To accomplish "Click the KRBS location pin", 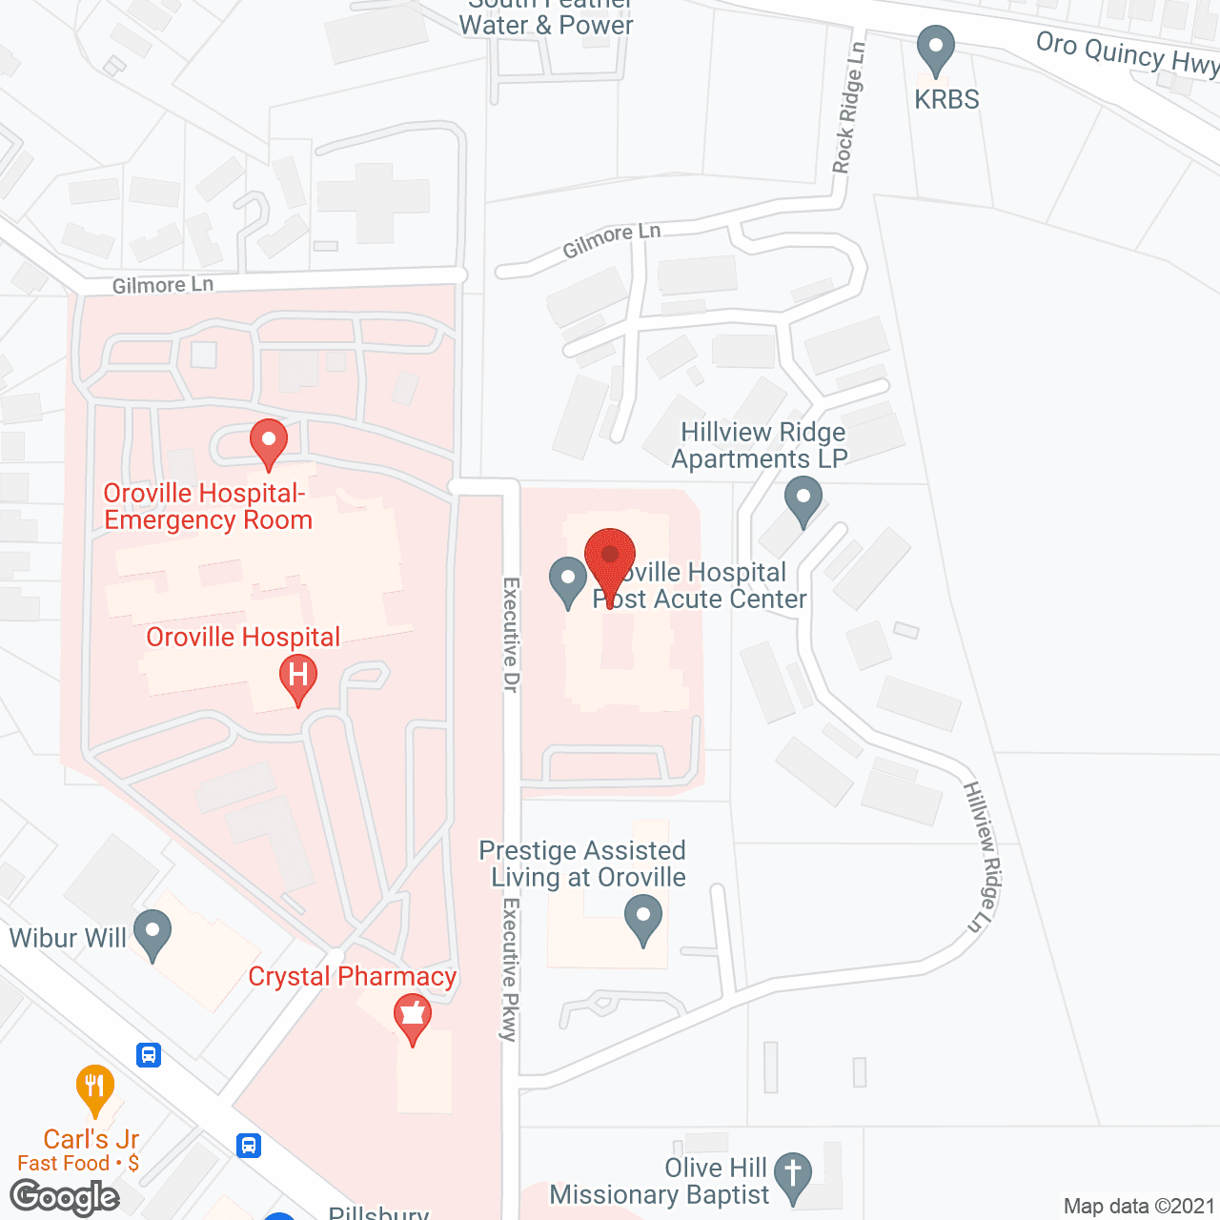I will point(935,51).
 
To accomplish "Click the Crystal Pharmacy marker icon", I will point(413,1018).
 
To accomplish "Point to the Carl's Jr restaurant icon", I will point(94,1088).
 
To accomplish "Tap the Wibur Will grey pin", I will point(152,934).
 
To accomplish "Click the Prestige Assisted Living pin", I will point(643,921).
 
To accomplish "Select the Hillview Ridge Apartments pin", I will point(803,500).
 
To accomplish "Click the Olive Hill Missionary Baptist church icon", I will point(793,1178).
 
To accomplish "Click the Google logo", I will point(65,1197).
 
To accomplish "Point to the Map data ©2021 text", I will point(1140,1206).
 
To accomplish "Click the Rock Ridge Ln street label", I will point(847,108).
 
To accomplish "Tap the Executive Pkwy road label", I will point(511,968).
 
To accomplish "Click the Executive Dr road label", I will point(511,635).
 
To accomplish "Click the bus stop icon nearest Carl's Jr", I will point(149,1055).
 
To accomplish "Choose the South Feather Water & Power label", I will point(546,19).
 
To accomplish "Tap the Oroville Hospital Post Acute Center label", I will point(701,585).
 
